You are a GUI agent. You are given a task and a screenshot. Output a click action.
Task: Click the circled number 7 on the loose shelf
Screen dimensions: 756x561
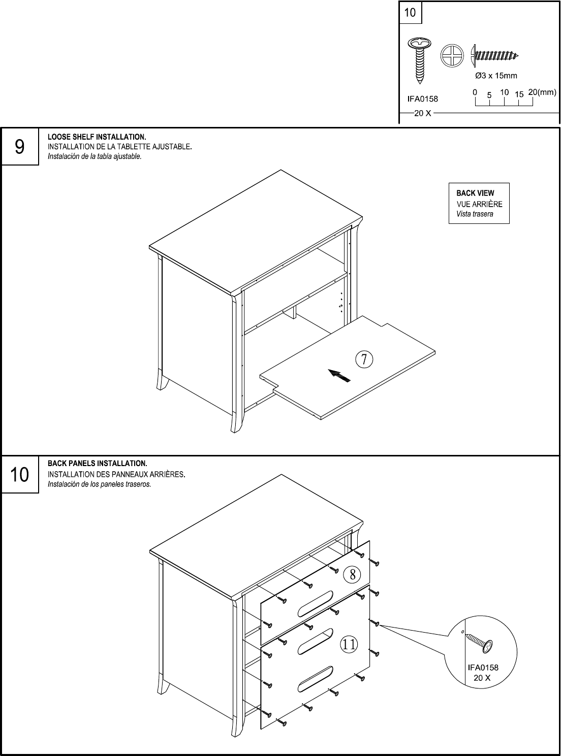364,359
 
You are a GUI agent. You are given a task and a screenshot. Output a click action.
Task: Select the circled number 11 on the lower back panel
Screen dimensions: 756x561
349,644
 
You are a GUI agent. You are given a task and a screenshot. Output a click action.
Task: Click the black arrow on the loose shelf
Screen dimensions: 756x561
339,376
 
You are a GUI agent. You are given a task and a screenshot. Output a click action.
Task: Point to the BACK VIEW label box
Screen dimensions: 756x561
479,203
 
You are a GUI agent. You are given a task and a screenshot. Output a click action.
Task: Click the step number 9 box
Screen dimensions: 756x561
20,147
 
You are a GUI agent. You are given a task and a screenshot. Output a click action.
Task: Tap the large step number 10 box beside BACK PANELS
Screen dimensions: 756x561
20,475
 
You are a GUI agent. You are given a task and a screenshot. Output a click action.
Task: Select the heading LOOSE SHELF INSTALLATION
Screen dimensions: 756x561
97,137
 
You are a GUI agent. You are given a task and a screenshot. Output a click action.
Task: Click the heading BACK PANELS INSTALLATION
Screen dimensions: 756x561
97,464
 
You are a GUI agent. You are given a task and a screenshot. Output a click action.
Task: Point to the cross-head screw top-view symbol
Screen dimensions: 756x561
452,55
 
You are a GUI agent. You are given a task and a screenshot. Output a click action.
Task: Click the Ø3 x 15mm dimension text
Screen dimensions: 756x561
495,76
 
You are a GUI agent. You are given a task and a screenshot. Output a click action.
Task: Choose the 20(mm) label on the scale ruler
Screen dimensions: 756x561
542,92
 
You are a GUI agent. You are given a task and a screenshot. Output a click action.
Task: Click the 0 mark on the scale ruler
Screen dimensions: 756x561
475,93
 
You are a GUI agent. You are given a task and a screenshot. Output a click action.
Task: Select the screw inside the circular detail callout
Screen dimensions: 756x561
480,643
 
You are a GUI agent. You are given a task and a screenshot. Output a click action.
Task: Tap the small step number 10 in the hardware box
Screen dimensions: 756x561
410,12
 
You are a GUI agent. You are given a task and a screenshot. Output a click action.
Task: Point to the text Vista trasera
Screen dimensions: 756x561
474,214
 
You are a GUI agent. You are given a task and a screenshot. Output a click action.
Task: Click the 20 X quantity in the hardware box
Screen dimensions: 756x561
422,113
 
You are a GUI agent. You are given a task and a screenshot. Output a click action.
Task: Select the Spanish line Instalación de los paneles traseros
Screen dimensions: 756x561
99,484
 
